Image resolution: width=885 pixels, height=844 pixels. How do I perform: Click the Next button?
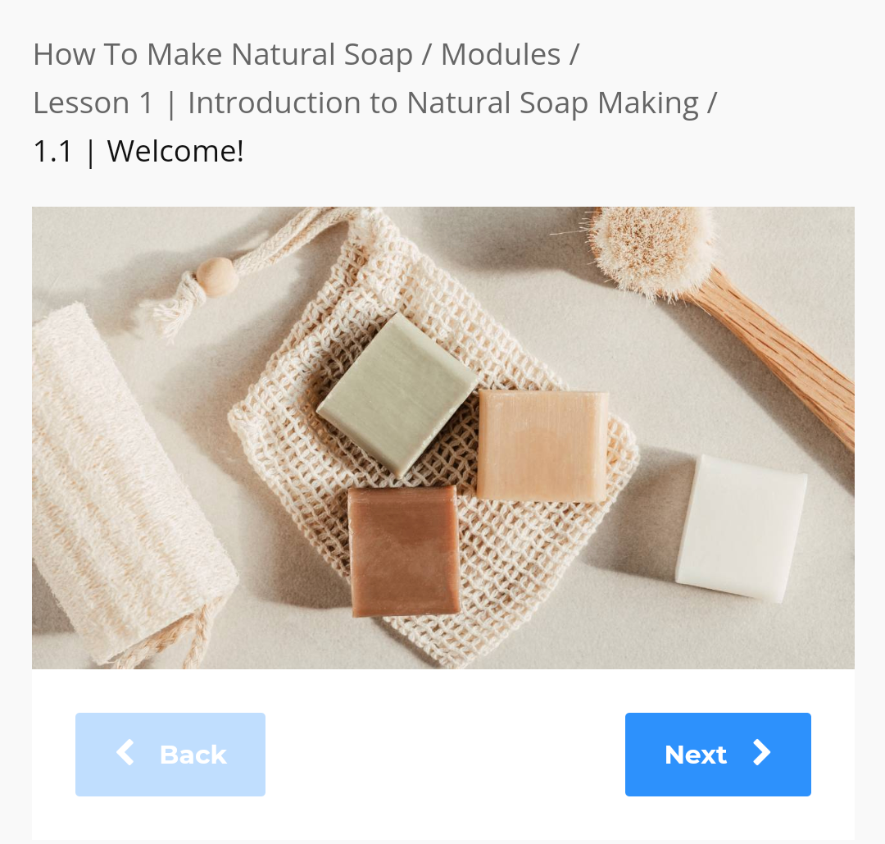[x=718, y=754]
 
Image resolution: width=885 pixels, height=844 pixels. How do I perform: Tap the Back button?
[x=170, y=754]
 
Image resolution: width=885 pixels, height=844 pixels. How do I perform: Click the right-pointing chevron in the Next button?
[x=762, y=753]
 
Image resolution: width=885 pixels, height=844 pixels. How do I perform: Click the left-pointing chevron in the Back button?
[x=125, y=753]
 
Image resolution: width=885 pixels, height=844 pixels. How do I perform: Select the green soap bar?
[x=397, y=395]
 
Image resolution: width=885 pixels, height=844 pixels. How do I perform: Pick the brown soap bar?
[x=404, y=551]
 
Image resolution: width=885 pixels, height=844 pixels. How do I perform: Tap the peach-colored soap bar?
[x=542, y=445]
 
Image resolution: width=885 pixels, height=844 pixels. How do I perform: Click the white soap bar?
[x=742, y=528]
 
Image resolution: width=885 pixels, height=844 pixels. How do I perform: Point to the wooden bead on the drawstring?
[x=216, y=276]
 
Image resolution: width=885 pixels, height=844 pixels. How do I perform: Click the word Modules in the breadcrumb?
[x=501, y=55]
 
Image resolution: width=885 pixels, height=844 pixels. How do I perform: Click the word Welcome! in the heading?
[x=175, y=152]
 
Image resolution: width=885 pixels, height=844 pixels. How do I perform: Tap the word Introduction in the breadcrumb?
[x=293, y=103]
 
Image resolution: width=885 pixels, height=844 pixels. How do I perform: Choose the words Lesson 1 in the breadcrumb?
[x=93, y=103]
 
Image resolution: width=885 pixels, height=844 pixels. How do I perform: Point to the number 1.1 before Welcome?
[x=53, y=152]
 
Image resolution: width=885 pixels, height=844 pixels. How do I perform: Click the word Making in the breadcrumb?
[x=648, y=104]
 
